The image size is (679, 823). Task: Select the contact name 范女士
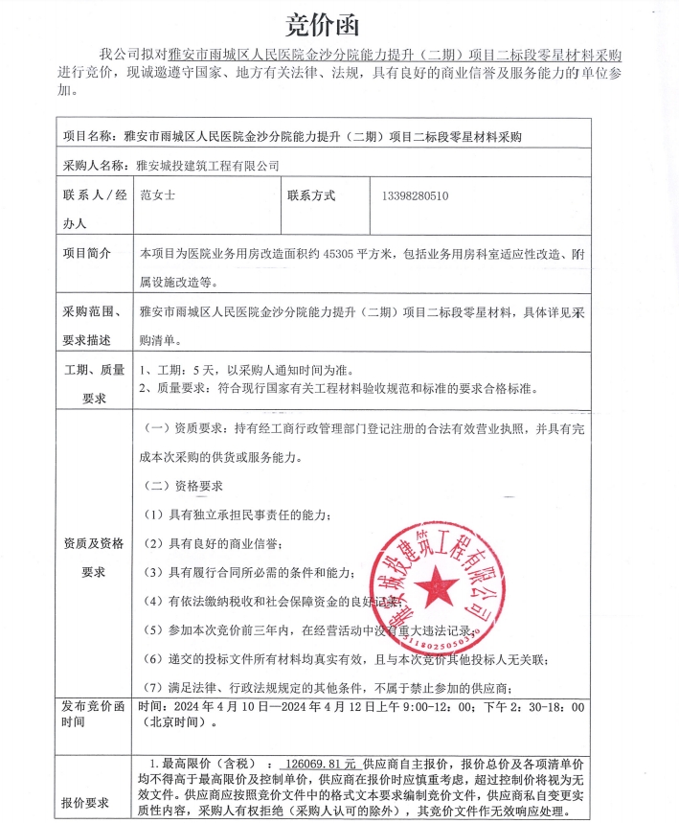[159, 195]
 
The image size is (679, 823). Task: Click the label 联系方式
[311, 195]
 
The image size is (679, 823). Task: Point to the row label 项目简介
[87, 254]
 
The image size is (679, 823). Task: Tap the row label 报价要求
[87, 803]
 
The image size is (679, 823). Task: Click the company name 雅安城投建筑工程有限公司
[209, 165]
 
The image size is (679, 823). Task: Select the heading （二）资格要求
[182, 485]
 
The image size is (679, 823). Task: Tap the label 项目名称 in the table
[87, 136]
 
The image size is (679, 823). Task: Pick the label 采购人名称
[93, 165]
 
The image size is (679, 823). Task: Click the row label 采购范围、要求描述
[88, 326]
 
